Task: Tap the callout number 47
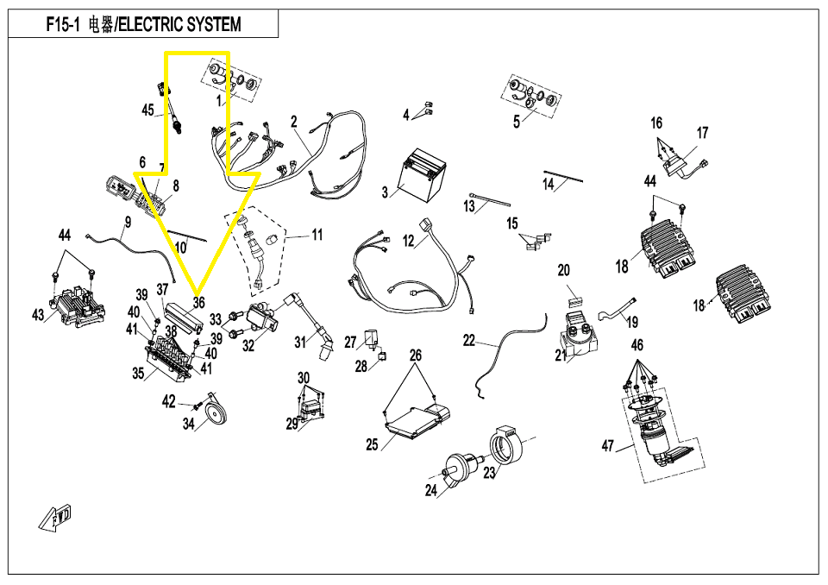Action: (608, 446)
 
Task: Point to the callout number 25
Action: (372, 445)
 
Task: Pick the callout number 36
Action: (199, 303)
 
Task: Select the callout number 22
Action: (468, 341)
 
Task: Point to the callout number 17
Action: (702, 133)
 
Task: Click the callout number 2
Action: (293, 122)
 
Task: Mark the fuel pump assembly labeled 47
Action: (660, 431)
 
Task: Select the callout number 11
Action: (317, 235)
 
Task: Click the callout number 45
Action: (148, 110)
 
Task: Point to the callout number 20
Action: (563, 270)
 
